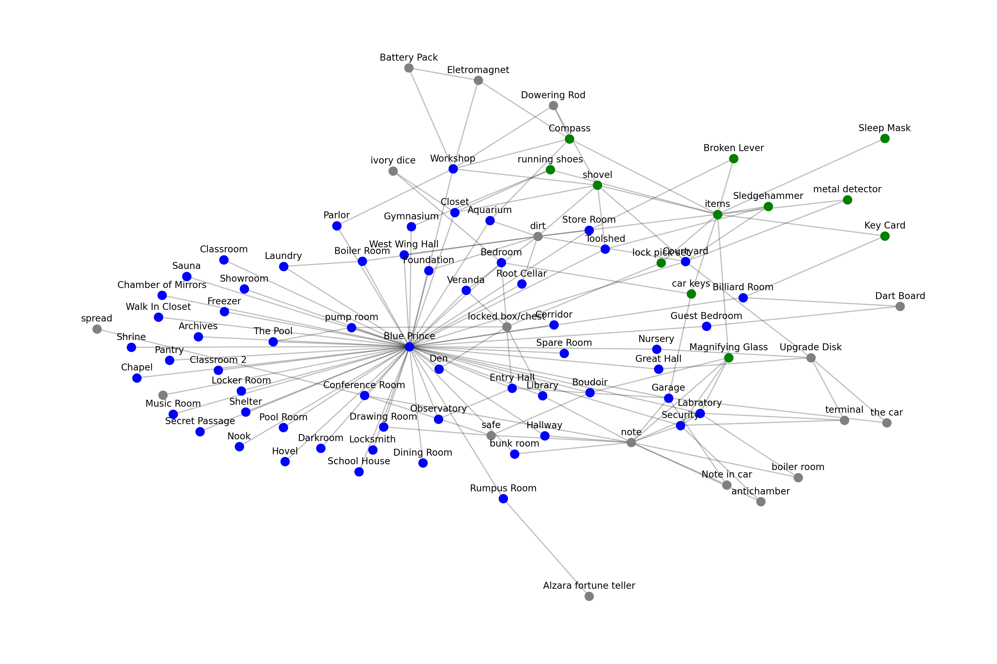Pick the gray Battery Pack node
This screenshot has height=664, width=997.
(x=409, y=68)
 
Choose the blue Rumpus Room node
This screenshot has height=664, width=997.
(x=503, y=499)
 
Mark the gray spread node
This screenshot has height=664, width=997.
(x=97, y=329)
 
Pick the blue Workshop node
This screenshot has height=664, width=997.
(x=453, y=169)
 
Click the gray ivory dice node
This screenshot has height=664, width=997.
(x=393, y=171)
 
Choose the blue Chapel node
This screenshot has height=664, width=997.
(x=137, y=378)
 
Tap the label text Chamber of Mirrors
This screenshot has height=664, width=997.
(x=162, y=285)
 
